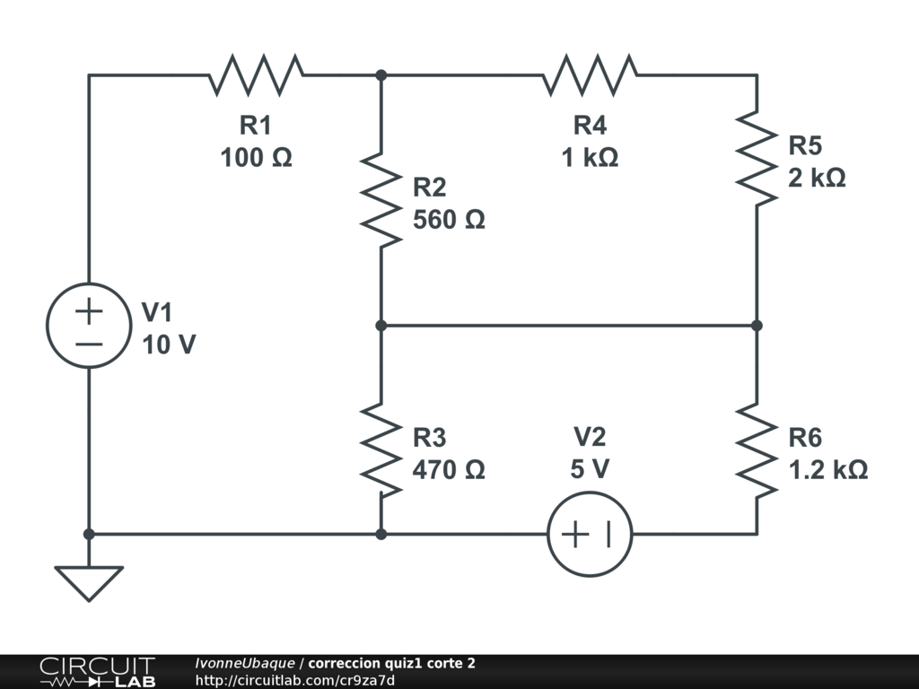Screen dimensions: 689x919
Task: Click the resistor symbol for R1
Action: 256,75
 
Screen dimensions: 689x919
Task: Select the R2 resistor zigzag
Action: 381,199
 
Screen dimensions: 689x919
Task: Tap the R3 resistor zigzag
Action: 381,449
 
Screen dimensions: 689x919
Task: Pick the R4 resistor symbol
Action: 590,75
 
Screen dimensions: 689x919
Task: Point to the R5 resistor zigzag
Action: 756,158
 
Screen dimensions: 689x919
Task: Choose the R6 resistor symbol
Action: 756,449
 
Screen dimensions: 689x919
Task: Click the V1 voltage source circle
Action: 88,325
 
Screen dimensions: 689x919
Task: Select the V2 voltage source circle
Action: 590,534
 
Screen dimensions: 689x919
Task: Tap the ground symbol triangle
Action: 88,582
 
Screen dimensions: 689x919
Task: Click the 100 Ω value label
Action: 256,158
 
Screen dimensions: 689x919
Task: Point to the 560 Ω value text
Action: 449,220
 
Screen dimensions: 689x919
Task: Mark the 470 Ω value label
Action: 449,469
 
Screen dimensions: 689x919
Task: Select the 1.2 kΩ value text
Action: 827,469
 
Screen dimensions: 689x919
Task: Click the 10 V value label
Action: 169,344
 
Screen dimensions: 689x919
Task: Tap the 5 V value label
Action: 590,469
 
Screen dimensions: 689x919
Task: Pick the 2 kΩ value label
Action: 817,178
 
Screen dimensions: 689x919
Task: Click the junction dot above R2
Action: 381,75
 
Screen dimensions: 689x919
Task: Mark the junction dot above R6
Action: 756,326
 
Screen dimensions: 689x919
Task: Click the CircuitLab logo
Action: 97,672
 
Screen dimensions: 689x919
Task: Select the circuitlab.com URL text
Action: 295,680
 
